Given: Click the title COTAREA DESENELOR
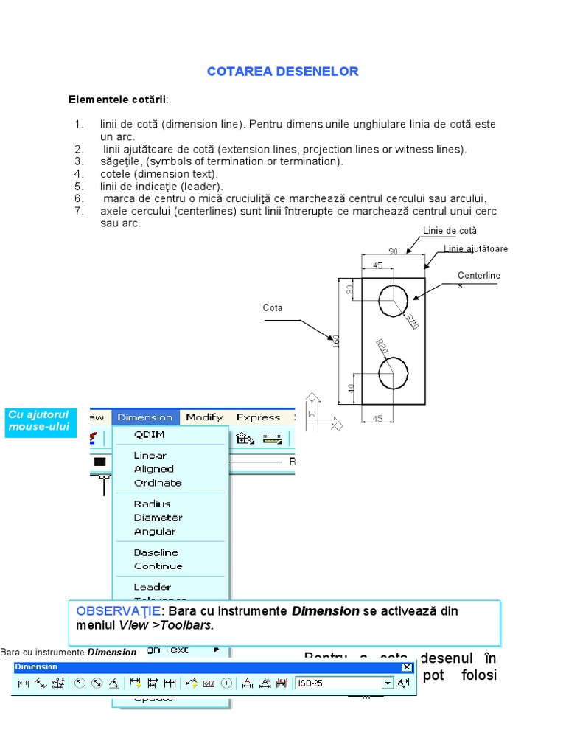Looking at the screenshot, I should click(x=283, y=72).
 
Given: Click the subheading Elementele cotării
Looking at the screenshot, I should click(x=118, y=99).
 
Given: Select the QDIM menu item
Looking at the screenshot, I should click(x=149, y=434).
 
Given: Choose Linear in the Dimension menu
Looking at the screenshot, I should click(x=150, y=456).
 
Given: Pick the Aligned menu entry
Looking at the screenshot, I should click(x=153, y=469).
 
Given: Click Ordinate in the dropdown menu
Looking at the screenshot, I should click(x=158, y=483).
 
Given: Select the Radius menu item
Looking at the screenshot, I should click(x=152, y=504).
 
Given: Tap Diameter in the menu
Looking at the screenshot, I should click(x=158, y=518).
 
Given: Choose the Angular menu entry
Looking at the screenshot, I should click(x=155, y=532).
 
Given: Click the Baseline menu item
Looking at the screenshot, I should click(x=156, y=552).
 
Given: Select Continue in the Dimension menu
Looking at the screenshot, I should click(x=158, y=566).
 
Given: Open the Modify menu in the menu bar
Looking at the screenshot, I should click(x=204, y=417).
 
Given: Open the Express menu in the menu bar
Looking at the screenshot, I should click(x=258, y=417).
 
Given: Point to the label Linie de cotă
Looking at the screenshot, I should click(x=450, y=231).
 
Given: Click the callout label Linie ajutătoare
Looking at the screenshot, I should click(x=475, y=249).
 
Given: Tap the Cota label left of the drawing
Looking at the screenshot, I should click(x=273, y=308).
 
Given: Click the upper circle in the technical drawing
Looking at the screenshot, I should click(x=393, y=299).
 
